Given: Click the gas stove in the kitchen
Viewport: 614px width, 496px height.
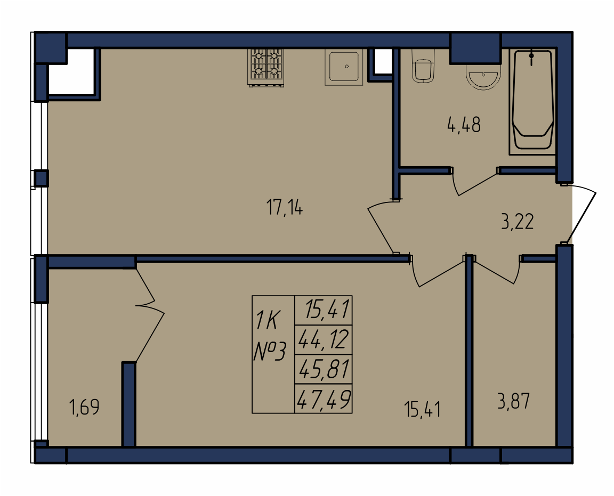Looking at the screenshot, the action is (x=265, y=67).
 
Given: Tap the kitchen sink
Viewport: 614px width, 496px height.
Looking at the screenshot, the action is (x=344, y=67).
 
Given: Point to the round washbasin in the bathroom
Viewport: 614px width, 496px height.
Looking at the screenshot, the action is (x=483, y=76).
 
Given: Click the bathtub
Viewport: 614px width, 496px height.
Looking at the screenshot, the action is (x=532, y=101).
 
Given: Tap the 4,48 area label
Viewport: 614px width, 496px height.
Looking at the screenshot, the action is (x=464, y=125).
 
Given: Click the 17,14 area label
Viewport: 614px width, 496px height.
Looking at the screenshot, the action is (x=284, y=207).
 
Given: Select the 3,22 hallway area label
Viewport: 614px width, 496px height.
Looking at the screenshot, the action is (x=517, y=222).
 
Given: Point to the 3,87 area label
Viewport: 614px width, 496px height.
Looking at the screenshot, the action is (x=513, y=401).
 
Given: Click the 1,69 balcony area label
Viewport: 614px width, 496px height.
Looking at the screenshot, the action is (x=84, y=407).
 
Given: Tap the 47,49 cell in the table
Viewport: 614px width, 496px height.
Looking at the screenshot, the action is (x=324, y=399).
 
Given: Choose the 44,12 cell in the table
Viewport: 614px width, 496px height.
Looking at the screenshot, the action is (x=324, y=339).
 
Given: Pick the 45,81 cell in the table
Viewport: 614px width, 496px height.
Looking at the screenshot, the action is (x=324, y=369).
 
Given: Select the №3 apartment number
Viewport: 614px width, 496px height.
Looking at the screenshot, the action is (x=270, y=351).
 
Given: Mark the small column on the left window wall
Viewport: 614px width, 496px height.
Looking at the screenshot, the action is (x=41, y=178).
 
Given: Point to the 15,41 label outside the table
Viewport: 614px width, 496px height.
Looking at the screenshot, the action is (x=422, y=410).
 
